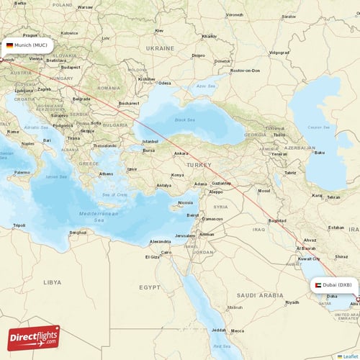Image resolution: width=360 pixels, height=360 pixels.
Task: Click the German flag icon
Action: click(x=9, y=45)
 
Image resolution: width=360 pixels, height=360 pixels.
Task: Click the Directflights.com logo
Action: click(x=34, y=337)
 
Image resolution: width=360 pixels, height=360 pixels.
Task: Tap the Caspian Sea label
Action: click(x=319, y=128)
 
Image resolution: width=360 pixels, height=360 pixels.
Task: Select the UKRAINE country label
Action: click(x=161, y=48)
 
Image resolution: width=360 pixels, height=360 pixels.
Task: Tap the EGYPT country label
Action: click(x=149, y=287)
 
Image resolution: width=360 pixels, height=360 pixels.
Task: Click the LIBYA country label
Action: click(x=52, y=282)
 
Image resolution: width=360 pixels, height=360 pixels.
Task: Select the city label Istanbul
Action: click(x=150, y=141)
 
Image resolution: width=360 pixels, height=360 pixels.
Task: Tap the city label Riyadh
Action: click(x=292, y=302)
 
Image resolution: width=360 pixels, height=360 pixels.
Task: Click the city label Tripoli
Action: click(x=19, y=225)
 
